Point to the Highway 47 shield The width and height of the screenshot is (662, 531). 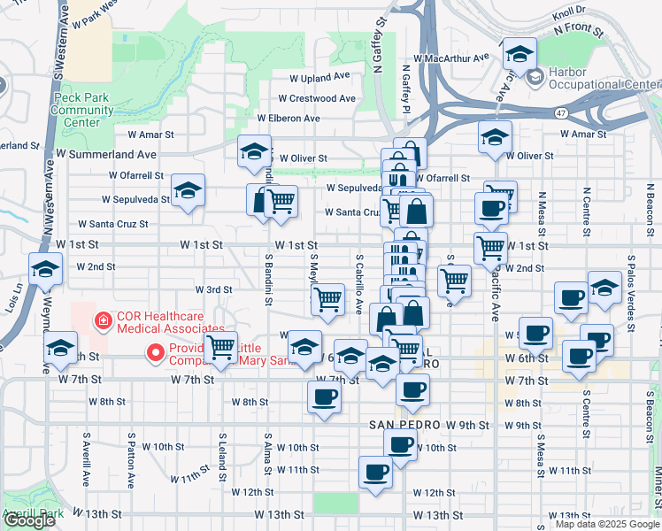[561, 113]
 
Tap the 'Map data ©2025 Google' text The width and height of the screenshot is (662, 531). [606, 524]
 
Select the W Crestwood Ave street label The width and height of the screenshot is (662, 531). [316, 99]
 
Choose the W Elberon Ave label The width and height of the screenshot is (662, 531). [289, 118]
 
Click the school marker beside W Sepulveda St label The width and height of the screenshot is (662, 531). [188, 190]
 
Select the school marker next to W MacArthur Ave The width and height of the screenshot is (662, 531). [520, 53]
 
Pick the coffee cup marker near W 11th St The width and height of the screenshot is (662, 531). [375, 472]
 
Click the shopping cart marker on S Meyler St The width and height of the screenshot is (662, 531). [328, 299]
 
